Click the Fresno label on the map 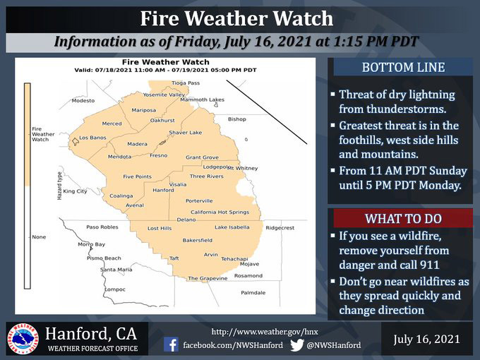tap(159, 155)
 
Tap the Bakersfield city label tap(198, 240)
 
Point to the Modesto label tap(83, 100)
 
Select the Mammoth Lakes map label tap(203, 100)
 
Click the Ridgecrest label tap(280, 228)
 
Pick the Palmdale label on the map tap(253, 293)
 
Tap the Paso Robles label tap(102, 227)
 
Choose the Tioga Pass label tap(186, 83)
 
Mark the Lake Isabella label tap(232, 227)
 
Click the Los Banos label tap(92, 138)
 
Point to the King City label tap(76, 191)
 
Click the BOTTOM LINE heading tap(403, 68)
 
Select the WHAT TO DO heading tap(403, 219)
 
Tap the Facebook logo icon tap(171, 344)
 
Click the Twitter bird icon tap(296, 344)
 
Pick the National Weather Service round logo tap(23, 339)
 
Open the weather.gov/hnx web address tap(265, 332)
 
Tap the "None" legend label tap(39, 237)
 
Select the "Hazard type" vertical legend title tap(60, 186)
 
